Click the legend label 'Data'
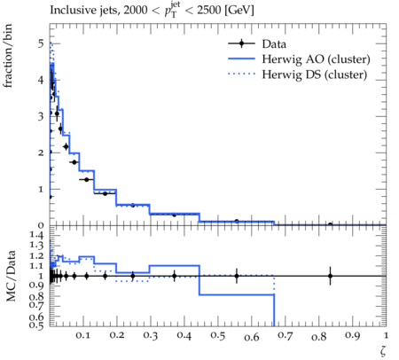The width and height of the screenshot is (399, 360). pos(274,44)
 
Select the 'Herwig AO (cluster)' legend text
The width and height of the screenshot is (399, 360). pos(316,59)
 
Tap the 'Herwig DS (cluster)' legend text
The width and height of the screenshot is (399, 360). pos(315,74)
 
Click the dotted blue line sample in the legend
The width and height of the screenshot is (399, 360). pos(241,74)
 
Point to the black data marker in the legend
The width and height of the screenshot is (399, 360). pos(241,43)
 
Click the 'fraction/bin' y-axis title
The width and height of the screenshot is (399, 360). pos(7,56)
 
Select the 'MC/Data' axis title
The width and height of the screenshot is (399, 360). pos(11,276)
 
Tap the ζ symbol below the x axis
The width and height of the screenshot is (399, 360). pos(383,350)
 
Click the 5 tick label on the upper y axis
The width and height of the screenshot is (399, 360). pos(41,43)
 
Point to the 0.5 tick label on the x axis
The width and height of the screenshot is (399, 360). pos(218,336)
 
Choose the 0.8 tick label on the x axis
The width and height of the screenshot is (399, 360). pos(319,336)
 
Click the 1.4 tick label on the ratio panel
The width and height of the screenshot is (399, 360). pos(36,235)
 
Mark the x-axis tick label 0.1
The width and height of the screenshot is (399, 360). pos(83,336)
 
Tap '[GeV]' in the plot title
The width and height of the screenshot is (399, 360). pos(239,11)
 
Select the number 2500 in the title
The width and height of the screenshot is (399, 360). pos(209,11)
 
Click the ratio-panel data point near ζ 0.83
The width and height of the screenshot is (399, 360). pos(330,276)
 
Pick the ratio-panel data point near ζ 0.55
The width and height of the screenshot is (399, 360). pos(237,276)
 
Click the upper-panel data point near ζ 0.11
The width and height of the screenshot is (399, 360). pos(86,179)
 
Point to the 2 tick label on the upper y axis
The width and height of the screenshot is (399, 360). pos(41,153)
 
